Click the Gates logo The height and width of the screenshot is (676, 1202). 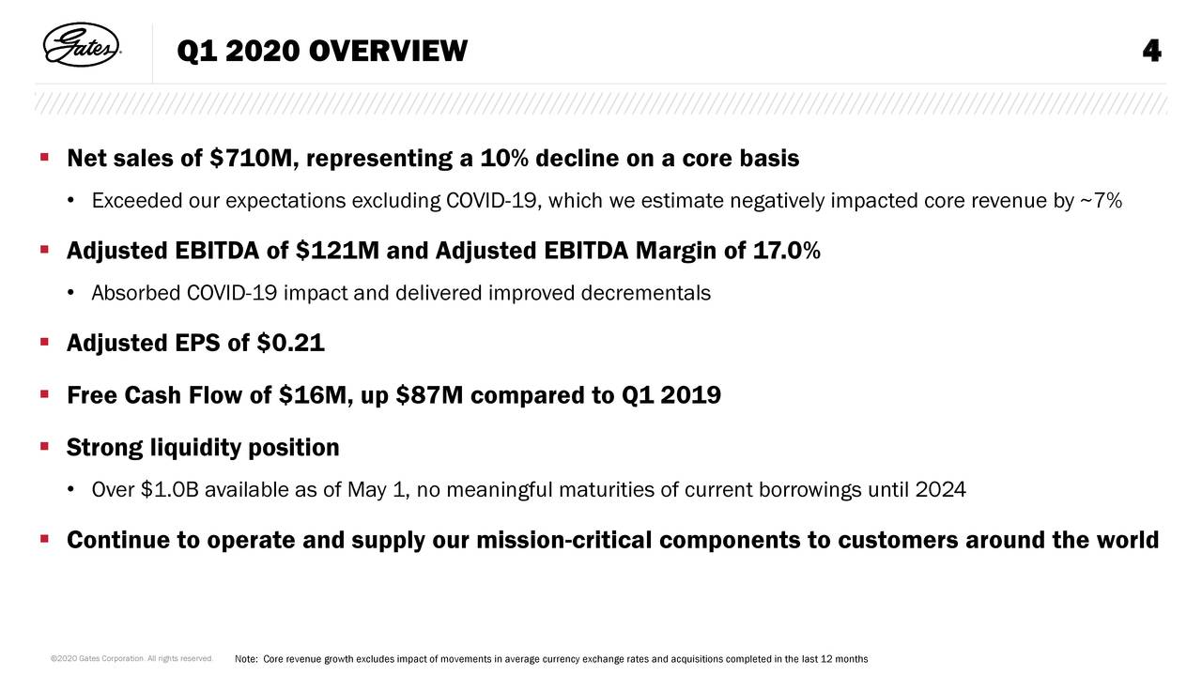point(83,46)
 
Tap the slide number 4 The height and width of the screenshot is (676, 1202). point(1151,52)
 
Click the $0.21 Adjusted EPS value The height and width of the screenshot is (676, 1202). point(290,345)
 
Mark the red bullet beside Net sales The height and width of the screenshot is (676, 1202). point(44,157)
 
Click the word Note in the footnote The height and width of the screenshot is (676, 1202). point(245,657)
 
